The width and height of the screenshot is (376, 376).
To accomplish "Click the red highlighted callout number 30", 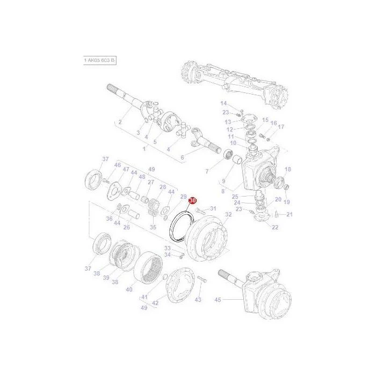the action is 193,200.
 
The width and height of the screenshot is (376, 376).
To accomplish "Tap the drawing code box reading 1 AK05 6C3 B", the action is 100,60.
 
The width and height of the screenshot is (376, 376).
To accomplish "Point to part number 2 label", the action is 120,122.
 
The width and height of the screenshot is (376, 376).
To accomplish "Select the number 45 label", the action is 218,300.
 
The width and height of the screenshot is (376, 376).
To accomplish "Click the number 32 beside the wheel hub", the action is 228,214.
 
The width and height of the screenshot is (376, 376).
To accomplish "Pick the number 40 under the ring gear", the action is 129,290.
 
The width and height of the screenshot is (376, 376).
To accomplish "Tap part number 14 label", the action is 223,103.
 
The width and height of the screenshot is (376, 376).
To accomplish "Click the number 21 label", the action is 290,214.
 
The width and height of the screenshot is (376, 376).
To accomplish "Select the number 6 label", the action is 182,157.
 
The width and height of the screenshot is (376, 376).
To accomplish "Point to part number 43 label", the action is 198,300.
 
